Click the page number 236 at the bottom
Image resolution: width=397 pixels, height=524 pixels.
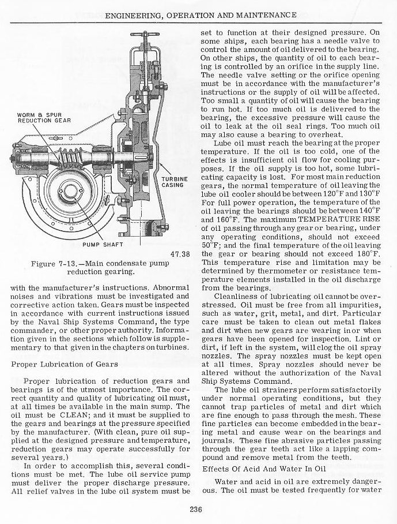pyautogui.click(x=198, y=508)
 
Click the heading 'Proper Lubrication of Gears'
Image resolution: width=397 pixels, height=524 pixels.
pyautogui.click(x=65, y=364)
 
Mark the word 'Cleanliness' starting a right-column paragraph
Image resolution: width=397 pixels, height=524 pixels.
pyautogui.click(x=233, y=297)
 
